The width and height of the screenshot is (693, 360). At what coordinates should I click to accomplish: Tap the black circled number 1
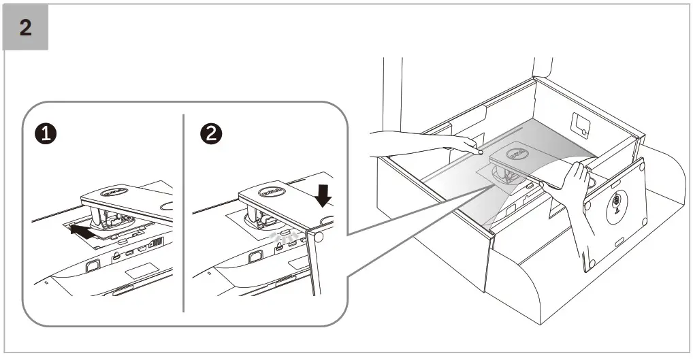tap(46, 134)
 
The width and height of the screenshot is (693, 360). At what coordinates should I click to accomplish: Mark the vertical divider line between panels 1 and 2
tap(184, 211)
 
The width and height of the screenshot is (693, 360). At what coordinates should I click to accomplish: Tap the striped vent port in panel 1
tap(155, 243)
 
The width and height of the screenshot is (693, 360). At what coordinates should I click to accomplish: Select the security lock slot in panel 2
tap(255, 257)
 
